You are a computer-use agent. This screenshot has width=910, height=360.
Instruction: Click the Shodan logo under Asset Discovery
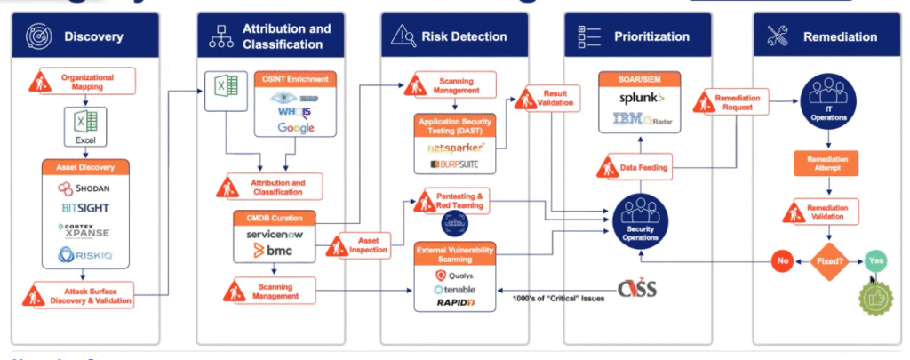pyautogui.click(x=85, y=188)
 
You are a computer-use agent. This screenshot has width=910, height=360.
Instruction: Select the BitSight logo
pyautogui.click(x=85, y=209)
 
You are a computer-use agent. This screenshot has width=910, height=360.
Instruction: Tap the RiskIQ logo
pyautogui.click(x=85, y=256)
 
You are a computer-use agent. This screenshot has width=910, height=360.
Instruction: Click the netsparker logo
pyautogui.click(x=455, y=146)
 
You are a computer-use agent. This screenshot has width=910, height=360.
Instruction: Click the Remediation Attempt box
pyautogui.click(x=828, y=163)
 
